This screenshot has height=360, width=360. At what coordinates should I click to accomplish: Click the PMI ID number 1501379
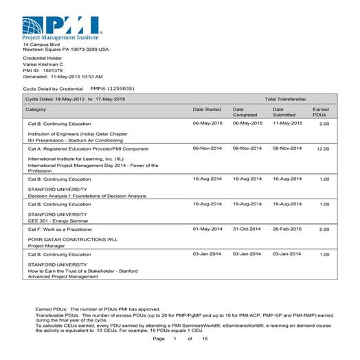(x=53, y=70)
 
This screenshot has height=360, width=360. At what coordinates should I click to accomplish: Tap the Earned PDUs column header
(x=321, y=111)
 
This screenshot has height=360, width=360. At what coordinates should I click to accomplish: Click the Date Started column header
(x=207, y=109)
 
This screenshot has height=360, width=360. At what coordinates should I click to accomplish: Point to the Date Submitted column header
(x=285, y=111)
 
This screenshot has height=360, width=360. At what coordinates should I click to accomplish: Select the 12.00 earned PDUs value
(x=323, y=148)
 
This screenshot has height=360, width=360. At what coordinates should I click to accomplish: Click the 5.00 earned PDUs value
(x=324, y=229)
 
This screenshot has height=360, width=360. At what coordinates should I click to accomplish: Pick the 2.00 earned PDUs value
(x=324, y=124)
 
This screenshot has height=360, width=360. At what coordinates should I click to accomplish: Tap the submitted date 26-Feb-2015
(x=287, y=229)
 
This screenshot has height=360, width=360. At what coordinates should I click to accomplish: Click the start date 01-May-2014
(x=207, y=229)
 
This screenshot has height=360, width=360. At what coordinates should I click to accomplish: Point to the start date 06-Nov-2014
(x=207, y=148)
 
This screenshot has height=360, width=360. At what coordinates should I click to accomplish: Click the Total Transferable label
(x=286, y=100)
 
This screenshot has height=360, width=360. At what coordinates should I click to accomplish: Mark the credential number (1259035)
(x=121, y=89)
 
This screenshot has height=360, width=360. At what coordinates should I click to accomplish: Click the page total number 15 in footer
(x=204, y=339)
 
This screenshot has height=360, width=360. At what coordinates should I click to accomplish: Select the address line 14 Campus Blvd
(x=42, y=44)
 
